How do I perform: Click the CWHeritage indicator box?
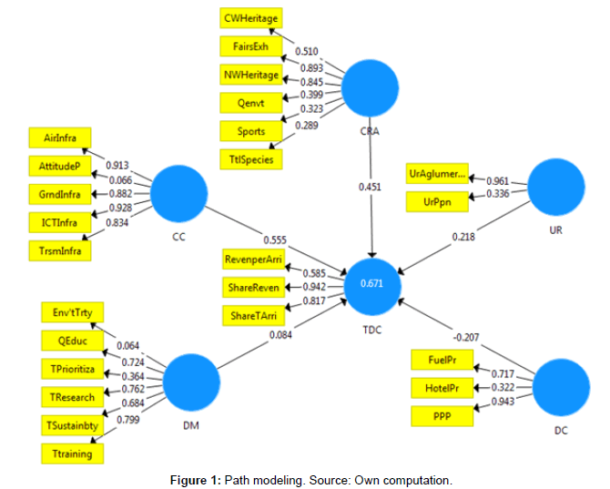point(250,17)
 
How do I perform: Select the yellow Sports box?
point(250,131)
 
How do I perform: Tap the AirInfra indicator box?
point(60,139)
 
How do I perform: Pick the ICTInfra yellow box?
point(60,221)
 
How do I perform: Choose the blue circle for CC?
point(179,192)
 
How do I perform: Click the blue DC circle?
point(560,388)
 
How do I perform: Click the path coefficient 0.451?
point(370,188)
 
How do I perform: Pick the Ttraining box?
point(73,453)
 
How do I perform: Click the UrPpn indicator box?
point(438,201)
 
